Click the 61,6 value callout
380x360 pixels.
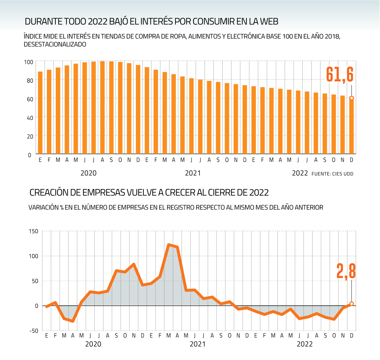[x=340, y=75]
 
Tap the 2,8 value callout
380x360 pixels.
[x=346, y=271]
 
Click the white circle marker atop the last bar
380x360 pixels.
[x=351, y=98]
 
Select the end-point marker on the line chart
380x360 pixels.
[x=351, y=304]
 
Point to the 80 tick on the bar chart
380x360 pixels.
[x=30, y=80]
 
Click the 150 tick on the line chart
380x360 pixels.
[x=33, y=231]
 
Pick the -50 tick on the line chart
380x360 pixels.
[x=33, y=331]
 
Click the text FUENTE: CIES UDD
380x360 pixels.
[x=332, y=174]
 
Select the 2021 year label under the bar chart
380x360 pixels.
[x=193, y=173]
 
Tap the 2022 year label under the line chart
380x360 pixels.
[x=305, y=344]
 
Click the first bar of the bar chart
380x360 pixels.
[x=40, y=113]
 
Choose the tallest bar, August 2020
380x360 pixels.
[x=102, y=108]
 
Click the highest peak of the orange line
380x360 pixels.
[x=169, y=245]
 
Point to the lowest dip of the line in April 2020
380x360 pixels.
[x=73, y=321]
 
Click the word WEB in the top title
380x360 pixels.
[x=269, y=22]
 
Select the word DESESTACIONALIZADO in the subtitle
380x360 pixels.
[x=55, y=45]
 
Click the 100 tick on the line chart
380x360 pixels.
[x=33, y=256]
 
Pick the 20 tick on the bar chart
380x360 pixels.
[x=30, y=136]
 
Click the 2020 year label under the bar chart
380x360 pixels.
[x=89, y=173]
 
